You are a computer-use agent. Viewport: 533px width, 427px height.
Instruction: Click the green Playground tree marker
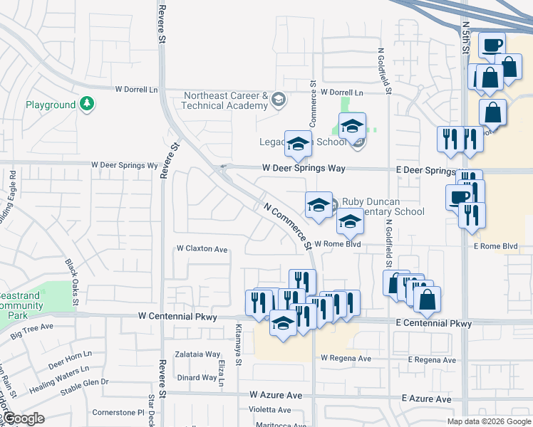tap(87, 105)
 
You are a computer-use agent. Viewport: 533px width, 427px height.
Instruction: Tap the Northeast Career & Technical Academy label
tap(224, 100)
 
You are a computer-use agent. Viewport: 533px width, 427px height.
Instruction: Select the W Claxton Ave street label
tap(202, 249)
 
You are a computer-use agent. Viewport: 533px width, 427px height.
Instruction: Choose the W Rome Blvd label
tap(337, 243)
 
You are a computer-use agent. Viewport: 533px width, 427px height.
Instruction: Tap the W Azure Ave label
tap(276, 394)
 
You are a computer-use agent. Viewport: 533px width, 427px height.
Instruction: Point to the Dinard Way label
tap(197, 378)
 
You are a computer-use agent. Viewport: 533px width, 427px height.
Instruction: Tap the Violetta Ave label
tap(270, 410)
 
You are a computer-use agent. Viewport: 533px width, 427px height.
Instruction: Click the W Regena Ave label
tap(346, 359)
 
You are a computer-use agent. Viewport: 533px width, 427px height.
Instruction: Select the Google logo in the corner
tap(23, 418)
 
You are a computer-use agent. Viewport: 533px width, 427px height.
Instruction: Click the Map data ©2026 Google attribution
tap(489, 421)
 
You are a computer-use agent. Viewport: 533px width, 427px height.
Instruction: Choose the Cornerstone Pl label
tap(118, 412)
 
